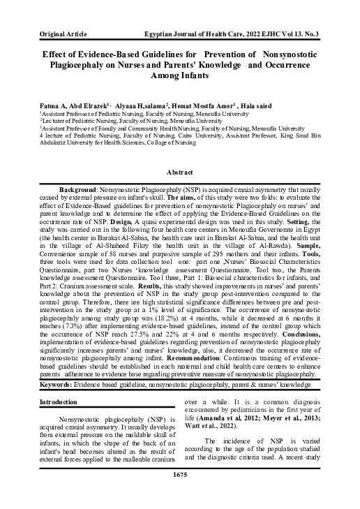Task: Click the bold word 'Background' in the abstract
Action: pos(80,190)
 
